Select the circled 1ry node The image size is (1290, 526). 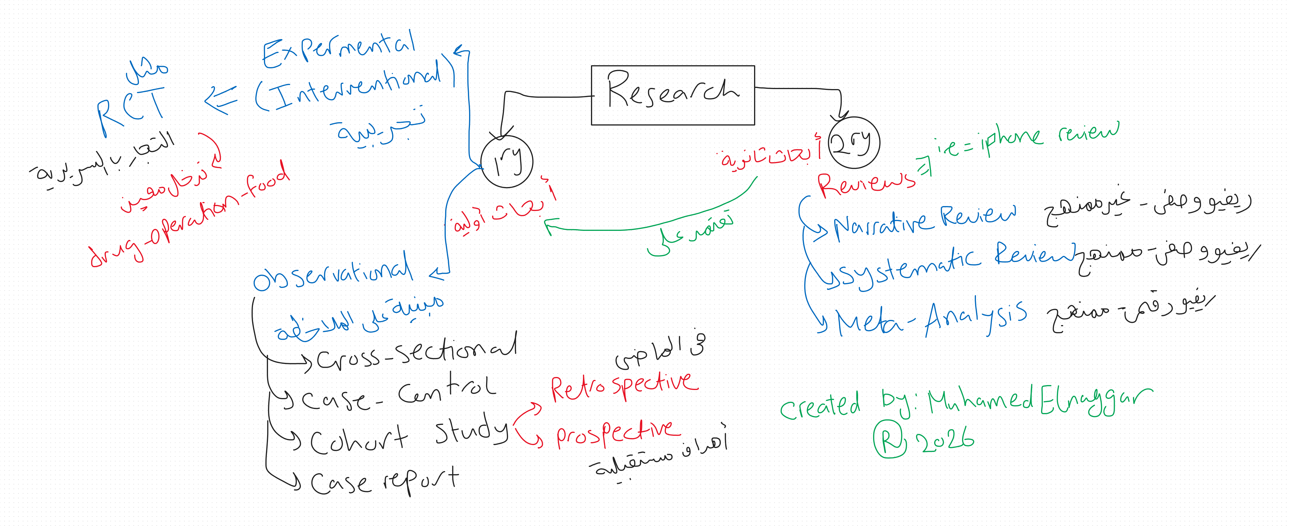coord(507,162)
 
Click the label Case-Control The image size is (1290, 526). coord(398,393)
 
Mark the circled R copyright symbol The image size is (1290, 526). coord(890,439)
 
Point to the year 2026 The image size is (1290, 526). coord(945,441)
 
